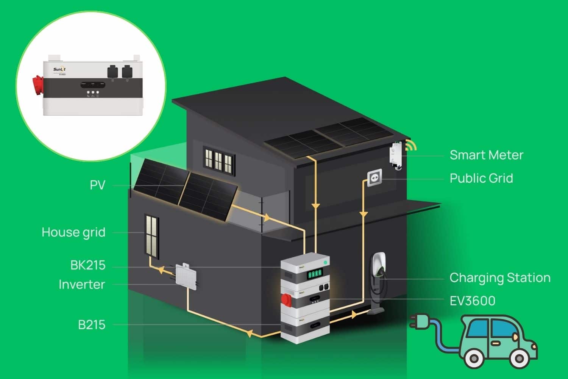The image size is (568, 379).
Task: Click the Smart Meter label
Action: tap(486, 155)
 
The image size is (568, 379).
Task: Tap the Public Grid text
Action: tap(481, 178)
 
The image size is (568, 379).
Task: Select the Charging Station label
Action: tap(499, 278)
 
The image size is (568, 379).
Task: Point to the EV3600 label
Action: tap(472, 301)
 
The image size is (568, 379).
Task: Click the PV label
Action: tap(97, 185)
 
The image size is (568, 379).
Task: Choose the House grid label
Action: tap(73, 232)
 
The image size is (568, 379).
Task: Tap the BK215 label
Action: tap(88, 265)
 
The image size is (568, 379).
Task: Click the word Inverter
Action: tap(82, 285)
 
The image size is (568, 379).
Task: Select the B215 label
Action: tap(92, 325)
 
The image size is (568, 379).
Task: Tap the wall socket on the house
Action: tap(375, 177)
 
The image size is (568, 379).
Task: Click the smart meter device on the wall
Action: tap(395, 155)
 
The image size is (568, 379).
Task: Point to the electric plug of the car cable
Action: tap(418, 321)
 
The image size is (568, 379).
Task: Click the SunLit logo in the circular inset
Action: tap(59, 69)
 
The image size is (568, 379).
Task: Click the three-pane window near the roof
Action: tap(218, 158)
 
